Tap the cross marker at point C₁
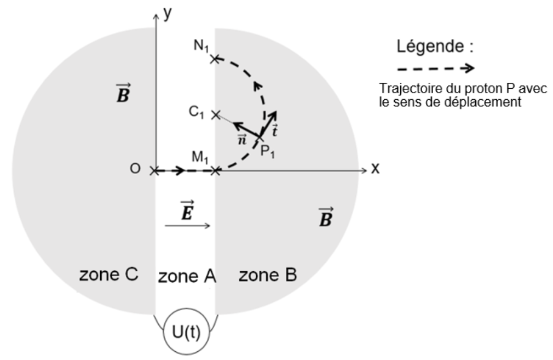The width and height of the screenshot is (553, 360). pyautogui.click(x=216, y=115)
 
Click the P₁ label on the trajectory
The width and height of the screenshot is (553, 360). pyautogui.click(x=268, y=151)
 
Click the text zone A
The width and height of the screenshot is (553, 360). pyautogui.click(x=187, y=276)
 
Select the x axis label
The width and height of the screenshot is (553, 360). pyautogui.click(x=375, y=169)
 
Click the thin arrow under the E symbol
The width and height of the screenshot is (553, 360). pyautogui.click(x=188, y=226)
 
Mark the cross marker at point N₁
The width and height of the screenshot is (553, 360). pyautogui.click(x=216, y=58)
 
